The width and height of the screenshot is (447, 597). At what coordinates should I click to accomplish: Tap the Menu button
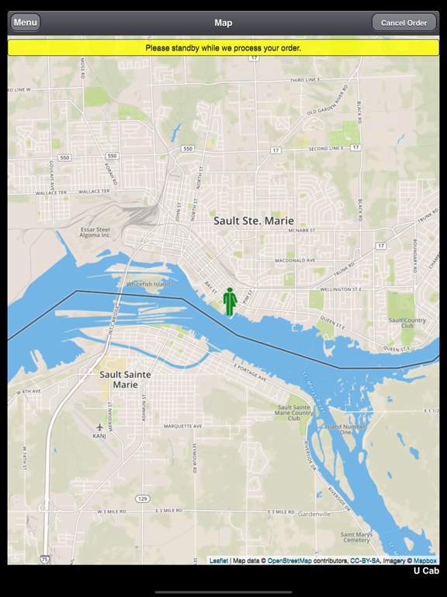25,23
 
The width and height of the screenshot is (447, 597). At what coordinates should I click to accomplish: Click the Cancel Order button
404,23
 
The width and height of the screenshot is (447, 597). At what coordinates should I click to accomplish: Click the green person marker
230,302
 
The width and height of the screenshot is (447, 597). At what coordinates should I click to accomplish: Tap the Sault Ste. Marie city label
254,221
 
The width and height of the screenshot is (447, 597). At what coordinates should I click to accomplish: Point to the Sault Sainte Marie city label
126,379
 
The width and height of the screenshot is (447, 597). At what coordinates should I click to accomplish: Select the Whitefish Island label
147,285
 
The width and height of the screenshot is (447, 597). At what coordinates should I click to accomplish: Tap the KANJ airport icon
100,427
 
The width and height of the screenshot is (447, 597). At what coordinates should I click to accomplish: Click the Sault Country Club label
407,323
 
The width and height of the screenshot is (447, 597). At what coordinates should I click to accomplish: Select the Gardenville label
314,514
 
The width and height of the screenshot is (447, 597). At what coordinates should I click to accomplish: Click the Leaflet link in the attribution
218,560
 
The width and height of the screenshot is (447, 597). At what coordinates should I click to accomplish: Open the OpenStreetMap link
289,560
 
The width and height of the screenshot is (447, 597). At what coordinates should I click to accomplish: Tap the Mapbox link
424,560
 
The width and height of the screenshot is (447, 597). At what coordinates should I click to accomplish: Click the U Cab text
425,571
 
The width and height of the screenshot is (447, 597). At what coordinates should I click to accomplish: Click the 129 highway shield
142,498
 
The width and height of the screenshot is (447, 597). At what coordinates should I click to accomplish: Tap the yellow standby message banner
223,48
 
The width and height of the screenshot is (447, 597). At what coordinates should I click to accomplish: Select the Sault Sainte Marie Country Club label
296,413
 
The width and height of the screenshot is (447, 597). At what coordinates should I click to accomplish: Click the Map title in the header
223,23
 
